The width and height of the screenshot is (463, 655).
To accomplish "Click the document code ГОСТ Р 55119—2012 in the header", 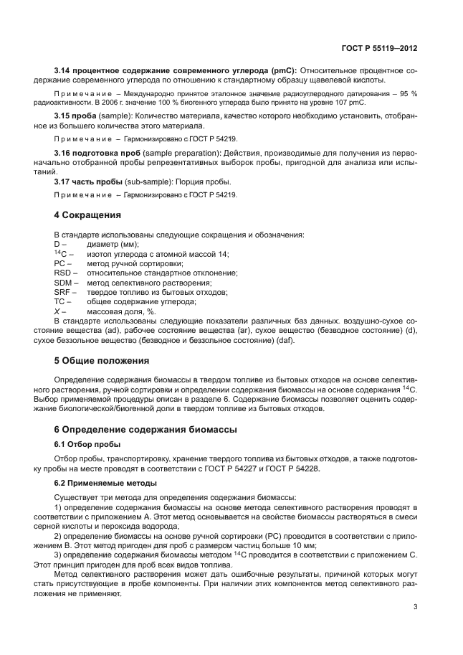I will point(381,47).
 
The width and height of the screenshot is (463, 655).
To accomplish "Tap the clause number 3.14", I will point(64,70).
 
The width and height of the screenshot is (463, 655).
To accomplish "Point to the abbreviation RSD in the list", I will point(63,273).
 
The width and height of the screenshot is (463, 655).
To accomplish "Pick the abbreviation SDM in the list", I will point(64,283).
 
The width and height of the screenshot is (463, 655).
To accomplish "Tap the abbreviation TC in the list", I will point(60,302).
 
